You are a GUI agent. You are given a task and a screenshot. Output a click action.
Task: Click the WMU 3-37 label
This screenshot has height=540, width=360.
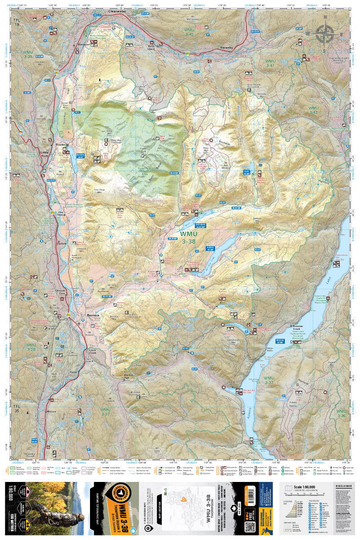[269, 380]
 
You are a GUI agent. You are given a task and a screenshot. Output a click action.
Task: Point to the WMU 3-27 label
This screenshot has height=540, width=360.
[105, 412]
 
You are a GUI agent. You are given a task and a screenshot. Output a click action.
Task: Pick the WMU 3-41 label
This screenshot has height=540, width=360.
[270, 63]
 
